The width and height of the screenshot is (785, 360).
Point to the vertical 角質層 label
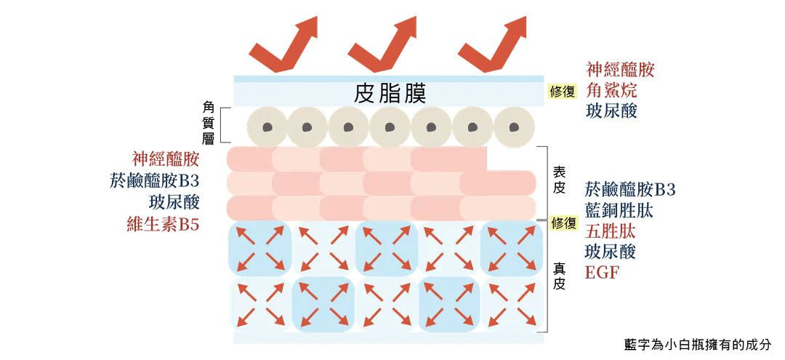point(209,123)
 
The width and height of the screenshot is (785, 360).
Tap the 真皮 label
point(559,276)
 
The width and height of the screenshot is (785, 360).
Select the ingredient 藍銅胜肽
point(619,211)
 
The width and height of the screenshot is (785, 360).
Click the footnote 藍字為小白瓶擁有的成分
point(698,345)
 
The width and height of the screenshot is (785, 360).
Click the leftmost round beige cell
point(267,127)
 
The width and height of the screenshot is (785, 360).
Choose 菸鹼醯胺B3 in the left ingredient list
point(155,180)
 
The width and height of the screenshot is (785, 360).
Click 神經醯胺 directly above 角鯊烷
point(620,70)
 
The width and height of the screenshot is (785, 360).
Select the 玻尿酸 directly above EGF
point(611,252)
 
